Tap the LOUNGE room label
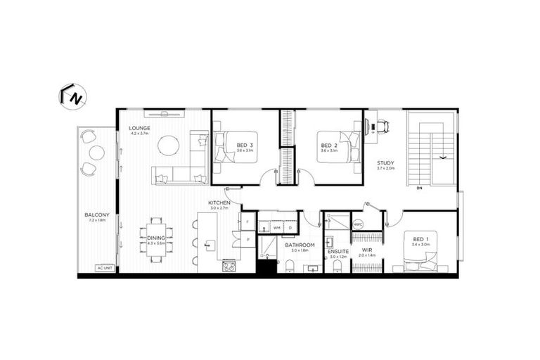click(139, 127)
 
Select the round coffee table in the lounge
click(168, 146)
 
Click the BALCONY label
click(96, 214)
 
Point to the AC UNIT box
click(105, 267)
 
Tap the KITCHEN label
click(219, 202)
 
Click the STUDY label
click(386, 163)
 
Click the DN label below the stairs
click(419, 188)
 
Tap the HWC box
click(359, 224)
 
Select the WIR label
click(366, 250)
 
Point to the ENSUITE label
click(337, 250)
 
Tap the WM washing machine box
click(277, 228)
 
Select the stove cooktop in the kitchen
click(228, 266)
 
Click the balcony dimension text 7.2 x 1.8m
click(96, 220)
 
